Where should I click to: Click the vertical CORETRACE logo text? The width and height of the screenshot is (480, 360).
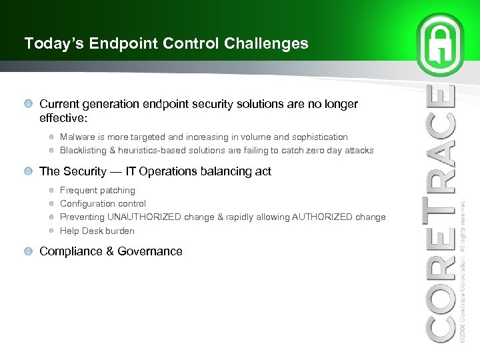tap(441, 213)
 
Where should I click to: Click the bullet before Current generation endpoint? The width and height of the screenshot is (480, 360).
tap(29, 105)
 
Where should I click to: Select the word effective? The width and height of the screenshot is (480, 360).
tap(61, 117)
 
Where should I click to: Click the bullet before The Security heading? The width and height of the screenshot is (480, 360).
tap(29, 172)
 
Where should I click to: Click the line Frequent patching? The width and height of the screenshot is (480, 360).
tap(97, 191)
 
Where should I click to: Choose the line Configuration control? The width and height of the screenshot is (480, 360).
tap(103, 204)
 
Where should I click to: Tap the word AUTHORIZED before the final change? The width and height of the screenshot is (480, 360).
tap(319, 217)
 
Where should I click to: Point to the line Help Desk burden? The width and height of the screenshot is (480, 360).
tap(97, 231)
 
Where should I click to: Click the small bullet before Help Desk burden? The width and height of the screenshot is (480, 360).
tap(52, 231)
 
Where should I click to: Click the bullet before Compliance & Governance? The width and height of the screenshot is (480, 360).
tap(29, 252)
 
